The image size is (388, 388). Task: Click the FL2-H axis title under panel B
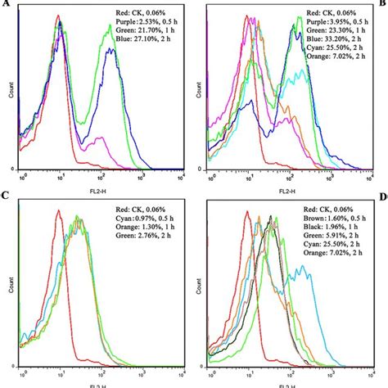coord(286,186)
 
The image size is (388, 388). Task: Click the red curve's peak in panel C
coord(59,215)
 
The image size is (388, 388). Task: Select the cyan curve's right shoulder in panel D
coord(305,282)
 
